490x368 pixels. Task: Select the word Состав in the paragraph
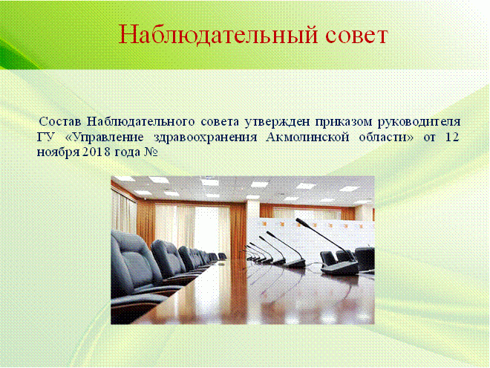pos(60,121)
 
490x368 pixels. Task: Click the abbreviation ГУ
pos(46,138)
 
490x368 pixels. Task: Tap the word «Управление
pos(105,138)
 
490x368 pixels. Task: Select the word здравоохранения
pos(206,138)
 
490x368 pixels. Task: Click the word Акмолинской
pos(307,138)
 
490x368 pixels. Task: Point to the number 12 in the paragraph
pos(451,138)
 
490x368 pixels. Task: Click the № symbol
pos(151,152)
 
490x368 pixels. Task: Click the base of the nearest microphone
pos(340,267)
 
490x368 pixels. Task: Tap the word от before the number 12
pos(430,138)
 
